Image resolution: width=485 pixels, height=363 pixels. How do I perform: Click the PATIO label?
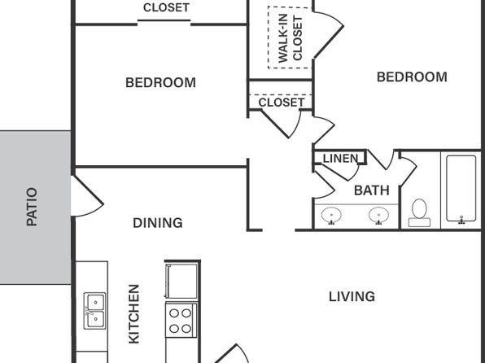32,207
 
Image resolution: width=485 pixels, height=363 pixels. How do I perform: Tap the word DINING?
158,223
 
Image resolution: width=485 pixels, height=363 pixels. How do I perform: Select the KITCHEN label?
134,314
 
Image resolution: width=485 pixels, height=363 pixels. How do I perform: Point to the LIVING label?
352,297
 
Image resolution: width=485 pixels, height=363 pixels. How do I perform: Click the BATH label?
372,190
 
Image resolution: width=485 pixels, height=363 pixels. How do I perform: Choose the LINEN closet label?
340,159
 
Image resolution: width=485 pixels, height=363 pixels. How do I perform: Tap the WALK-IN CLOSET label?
291,38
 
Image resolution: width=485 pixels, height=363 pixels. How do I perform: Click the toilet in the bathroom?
419,213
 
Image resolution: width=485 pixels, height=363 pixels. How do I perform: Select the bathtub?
461,189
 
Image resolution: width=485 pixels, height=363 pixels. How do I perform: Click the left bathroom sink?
331,215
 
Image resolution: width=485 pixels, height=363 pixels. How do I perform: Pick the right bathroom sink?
378,215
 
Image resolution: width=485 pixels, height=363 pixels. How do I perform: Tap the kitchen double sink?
95,311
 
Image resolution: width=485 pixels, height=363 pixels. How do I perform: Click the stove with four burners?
181,320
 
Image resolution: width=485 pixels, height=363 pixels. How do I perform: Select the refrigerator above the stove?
181,281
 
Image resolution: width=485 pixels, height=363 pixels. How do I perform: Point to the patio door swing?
88,196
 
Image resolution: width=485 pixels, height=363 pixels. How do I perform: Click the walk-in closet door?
329,35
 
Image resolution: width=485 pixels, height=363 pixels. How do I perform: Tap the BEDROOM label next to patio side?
160,83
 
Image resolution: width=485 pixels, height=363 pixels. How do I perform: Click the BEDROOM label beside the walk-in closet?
412,77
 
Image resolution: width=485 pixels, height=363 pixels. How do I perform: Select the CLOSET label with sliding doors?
166,7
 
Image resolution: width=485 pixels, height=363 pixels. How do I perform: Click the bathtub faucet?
461,220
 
